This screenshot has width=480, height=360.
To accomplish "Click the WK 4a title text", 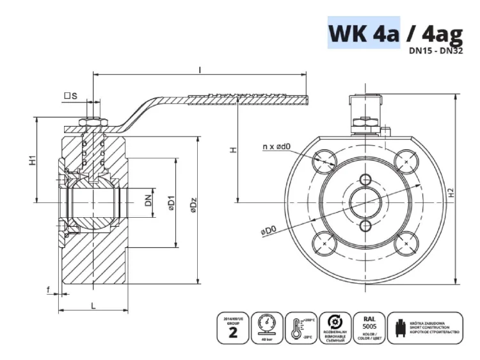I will [364, 32].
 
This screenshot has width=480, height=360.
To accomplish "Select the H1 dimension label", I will [32, 161].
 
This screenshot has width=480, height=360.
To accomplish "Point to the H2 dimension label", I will [451, 192].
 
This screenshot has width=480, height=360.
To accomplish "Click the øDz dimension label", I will [193, 207].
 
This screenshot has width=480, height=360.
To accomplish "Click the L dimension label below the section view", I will [94, 306].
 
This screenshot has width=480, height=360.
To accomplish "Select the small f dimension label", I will [49, 290].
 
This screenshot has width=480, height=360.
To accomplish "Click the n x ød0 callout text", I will [276, 147].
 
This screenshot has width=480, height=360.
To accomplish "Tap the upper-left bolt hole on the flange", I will [326, 159].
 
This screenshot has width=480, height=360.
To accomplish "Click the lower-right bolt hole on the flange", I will [405, 244].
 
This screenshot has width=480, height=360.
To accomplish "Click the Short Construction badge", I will [426, 328].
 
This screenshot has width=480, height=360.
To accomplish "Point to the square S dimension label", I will [70, 96].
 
